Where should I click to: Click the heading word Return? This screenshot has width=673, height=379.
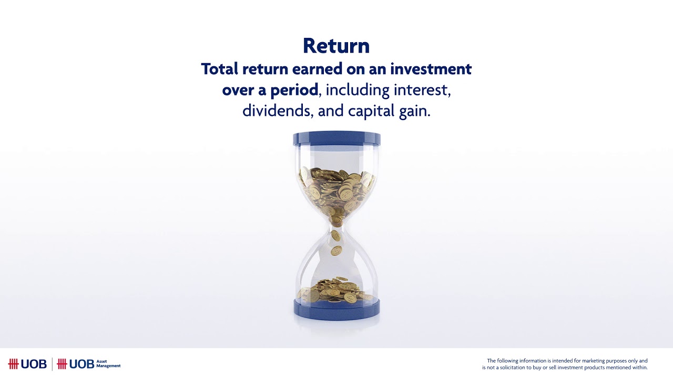pos(336,46)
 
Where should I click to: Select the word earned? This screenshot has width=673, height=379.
pos(316,69)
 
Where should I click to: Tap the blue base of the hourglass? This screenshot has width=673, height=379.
pos(336,307)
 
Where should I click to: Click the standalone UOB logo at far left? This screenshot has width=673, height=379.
pos(27,364)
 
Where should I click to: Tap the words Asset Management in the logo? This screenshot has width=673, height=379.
pos(109,364)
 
